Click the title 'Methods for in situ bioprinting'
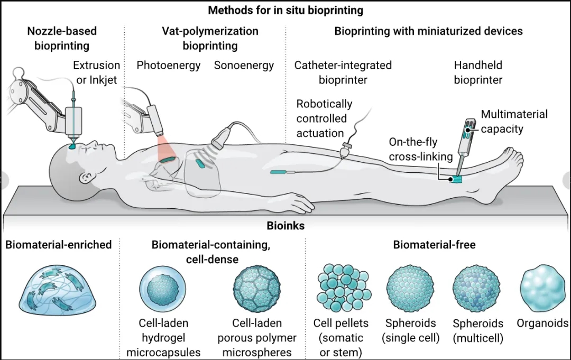285,10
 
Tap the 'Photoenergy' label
169,66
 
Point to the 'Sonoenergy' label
244,66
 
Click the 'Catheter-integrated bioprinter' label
343,72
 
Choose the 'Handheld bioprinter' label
478,72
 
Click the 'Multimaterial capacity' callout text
514,122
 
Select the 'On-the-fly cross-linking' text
421,149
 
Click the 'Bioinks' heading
285,226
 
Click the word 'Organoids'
542,324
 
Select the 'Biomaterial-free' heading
434,245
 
